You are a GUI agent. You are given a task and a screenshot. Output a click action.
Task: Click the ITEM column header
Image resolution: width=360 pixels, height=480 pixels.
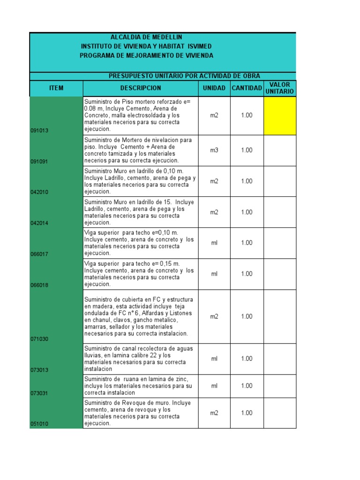56,88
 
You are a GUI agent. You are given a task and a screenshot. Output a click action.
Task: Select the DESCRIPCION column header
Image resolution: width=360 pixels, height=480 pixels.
140,88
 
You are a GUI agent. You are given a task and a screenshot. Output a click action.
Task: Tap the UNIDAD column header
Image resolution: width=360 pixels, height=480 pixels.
214,88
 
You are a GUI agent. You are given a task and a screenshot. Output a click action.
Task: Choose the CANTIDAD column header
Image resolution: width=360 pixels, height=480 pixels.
247,88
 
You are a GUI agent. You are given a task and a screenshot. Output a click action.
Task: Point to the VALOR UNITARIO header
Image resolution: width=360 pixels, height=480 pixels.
280,88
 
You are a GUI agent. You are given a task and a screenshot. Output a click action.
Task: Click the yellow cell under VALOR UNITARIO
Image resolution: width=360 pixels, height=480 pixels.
280,115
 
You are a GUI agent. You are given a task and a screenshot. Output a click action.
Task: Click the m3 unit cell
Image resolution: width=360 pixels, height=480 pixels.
214,150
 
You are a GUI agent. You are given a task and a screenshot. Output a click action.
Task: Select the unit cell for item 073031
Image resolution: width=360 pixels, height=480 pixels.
214,386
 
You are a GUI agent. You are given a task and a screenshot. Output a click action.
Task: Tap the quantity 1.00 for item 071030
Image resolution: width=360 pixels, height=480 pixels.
247,316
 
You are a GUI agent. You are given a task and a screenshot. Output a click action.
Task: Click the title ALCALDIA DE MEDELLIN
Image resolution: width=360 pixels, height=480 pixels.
146,37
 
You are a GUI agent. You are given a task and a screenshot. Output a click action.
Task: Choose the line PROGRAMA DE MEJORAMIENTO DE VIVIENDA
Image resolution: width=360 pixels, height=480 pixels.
146,56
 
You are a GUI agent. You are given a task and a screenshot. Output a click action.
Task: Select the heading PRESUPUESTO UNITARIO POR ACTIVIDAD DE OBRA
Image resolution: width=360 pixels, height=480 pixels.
184,76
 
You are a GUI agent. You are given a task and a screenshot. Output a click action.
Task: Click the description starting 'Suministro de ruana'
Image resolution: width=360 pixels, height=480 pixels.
140,386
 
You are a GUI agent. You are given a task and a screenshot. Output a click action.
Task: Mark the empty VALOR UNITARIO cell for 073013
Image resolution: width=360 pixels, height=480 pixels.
280,359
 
